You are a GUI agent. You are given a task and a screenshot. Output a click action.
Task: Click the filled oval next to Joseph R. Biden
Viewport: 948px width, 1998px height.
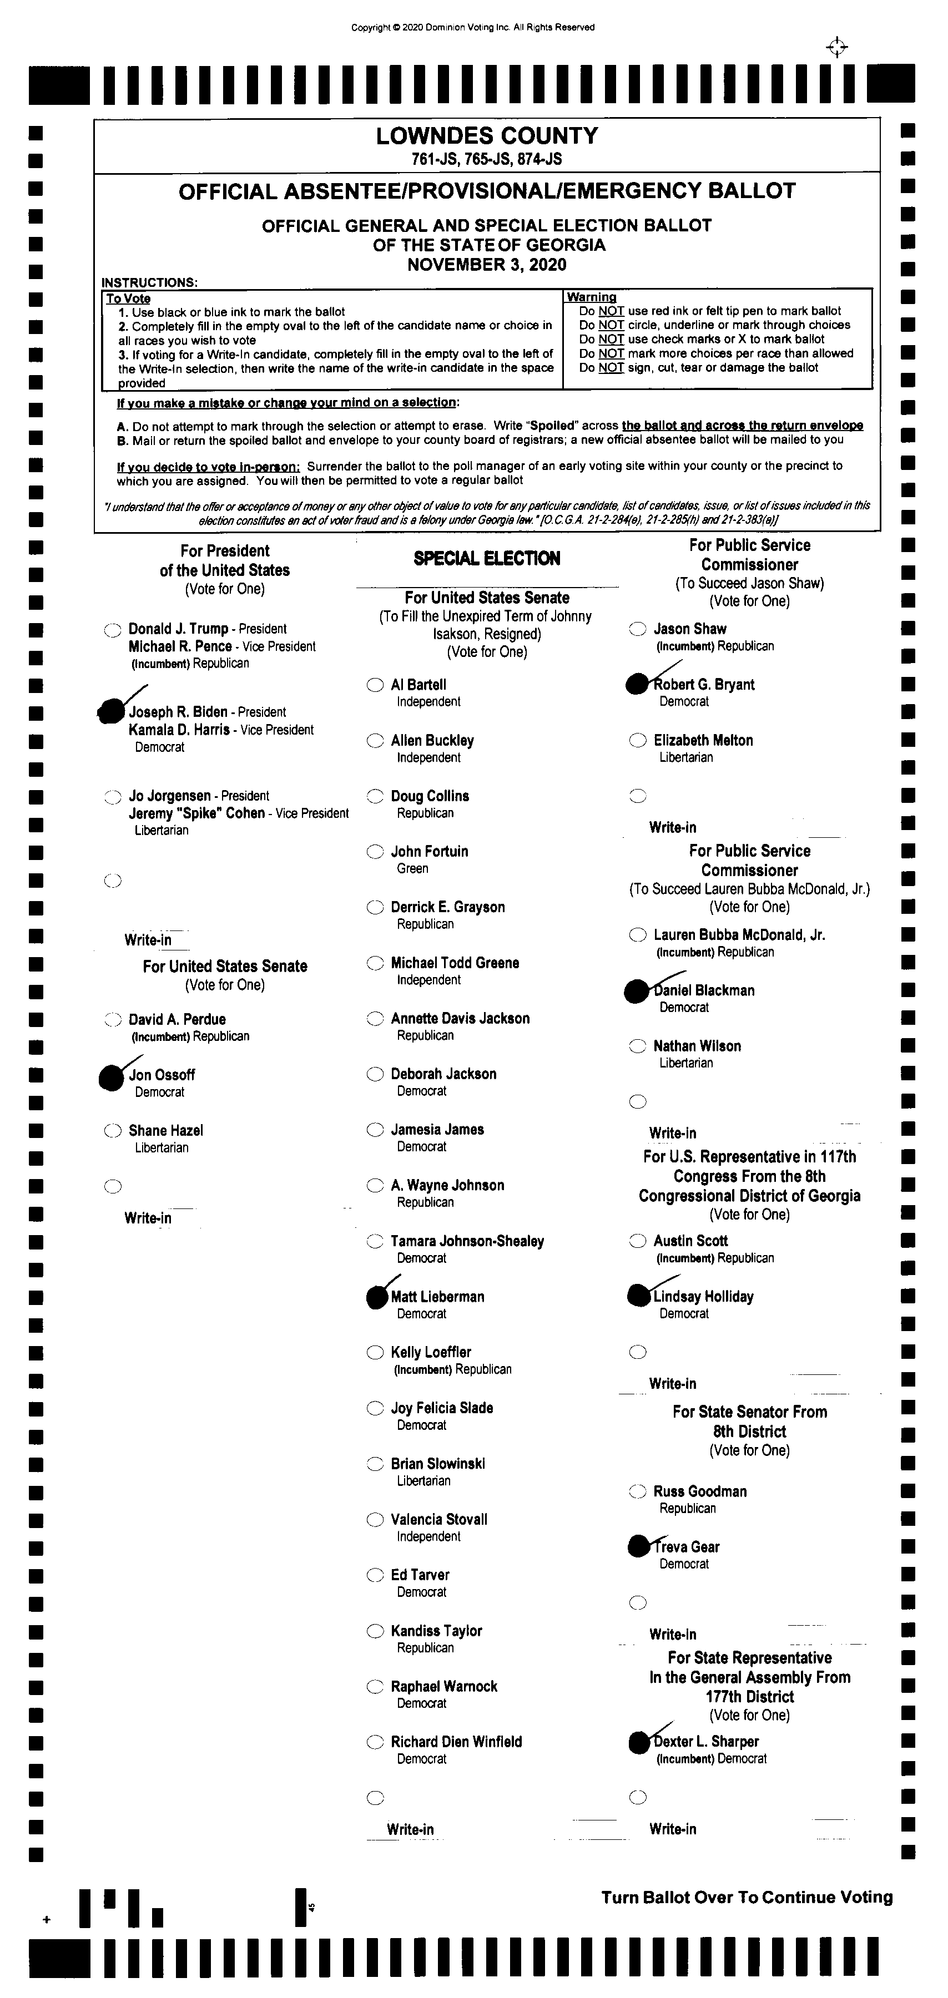(112, 710)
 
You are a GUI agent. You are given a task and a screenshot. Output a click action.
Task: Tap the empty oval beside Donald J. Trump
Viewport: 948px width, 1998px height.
(113, 630)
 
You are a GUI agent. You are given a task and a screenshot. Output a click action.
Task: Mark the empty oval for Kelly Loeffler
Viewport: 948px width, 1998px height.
(375, 1353)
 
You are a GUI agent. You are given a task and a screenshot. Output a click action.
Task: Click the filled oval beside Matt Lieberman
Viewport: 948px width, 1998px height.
(377, 1297)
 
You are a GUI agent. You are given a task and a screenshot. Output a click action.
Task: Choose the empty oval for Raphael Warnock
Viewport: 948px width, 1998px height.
(375, 1686)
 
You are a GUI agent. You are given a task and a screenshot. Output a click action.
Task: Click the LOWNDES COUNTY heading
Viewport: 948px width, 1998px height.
(487, 136)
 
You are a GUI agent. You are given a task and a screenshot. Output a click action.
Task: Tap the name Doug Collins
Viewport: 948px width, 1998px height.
(430, 796)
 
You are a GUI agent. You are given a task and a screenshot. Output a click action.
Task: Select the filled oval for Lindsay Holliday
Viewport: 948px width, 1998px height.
(638, 1295)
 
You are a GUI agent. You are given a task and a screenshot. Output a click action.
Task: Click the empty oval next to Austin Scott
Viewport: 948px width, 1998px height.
(638, 1241)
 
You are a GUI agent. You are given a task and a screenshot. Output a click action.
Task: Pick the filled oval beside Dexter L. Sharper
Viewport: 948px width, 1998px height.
(638, 1743)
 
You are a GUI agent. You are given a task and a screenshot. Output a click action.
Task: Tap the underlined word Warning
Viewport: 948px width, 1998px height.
(591, 297)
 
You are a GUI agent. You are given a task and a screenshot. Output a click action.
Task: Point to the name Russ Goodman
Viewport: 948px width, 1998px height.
(700, 1491)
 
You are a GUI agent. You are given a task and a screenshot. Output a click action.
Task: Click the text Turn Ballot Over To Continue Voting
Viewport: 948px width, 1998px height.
(747, 1897)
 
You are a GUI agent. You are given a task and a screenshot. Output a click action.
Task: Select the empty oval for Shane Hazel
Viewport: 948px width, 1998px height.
(113, 1131)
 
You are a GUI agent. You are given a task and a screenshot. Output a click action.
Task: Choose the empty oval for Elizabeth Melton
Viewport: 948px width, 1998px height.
(638, 741)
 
